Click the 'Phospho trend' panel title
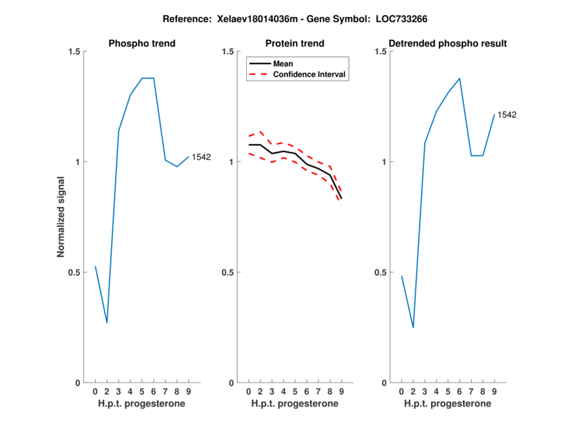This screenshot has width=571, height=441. (142, 44)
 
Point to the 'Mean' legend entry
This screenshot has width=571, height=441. (283, 64)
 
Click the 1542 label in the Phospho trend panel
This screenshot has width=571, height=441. (201, 157)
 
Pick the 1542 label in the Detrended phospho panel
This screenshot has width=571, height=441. (507, 114)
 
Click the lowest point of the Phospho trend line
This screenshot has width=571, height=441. (107, 323)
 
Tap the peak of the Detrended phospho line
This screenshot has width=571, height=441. (460, 78)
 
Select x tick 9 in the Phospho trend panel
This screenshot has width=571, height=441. (188, 391)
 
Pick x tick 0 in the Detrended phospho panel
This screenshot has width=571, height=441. (401, 391)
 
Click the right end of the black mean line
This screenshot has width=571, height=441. (341, 198)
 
